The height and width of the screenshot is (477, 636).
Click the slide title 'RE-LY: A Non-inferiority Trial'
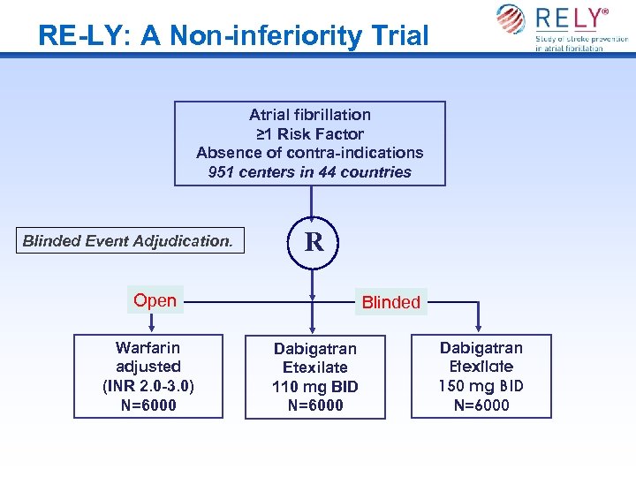[233, 35]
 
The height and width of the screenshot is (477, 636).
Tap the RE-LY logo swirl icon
[511, 19]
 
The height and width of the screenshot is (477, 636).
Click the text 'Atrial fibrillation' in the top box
[310, 114]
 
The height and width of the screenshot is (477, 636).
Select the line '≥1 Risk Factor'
[310, 133]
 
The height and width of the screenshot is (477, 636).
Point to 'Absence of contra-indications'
[310, 153]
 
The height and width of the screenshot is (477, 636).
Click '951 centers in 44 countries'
[310, 172]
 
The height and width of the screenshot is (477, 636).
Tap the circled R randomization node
[314, 242]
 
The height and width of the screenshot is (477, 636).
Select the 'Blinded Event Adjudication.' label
[128, 240]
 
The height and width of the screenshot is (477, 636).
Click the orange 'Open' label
[155, 300]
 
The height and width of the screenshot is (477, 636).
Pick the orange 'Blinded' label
[391, 302]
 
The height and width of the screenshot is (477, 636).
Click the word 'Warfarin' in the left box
[148, 347]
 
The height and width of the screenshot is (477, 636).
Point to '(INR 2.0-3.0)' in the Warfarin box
[148, 386]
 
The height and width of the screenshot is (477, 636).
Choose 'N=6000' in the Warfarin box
[148, 405]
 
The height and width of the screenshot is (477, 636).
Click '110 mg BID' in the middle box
[315, 387]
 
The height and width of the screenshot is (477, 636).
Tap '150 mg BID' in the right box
[481, 386]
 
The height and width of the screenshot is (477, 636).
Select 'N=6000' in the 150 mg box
[481, 405]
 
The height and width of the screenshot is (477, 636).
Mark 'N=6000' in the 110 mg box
[315, 406]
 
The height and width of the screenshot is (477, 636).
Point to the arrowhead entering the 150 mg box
[478, 329]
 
